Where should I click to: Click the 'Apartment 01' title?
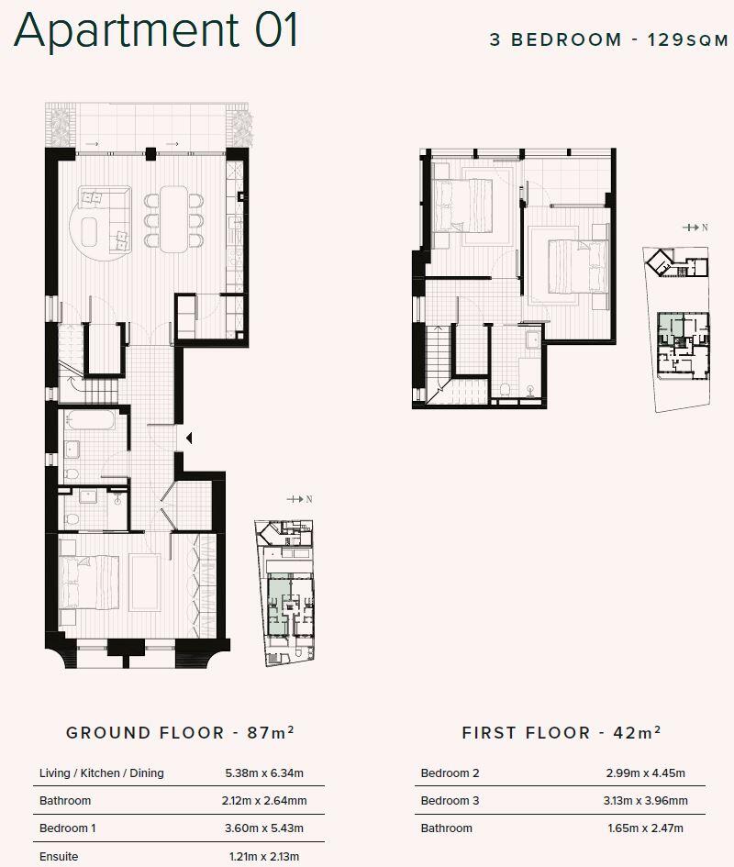156,29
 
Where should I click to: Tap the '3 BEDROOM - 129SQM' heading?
608,40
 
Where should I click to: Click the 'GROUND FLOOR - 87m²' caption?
180,732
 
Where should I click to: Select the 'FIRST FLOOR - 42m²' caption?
562,732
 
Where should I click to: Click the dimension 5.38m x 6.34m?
263,773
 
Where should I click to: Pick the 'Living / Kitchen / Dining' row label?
101,773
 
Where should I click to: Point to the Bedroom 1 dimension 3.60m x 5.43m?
263,828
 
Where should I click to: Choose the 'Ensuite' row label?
59,856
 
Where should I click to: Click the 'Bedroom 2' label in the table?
450,773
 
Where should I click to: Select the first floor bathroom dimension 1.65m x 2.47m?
645,828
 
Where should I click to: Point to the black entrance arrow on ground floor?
189,439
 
